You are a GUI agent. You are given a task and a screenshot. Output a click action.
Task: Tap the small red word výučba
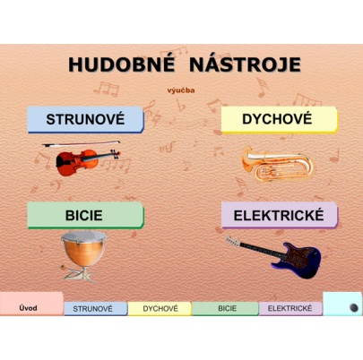[181, 90]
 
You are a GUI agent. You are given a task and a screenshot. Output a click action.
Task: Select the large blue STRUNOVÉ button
[85, 118]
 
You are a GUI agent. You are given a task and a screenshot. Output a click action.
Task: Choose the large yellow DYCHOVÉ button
[278, 118]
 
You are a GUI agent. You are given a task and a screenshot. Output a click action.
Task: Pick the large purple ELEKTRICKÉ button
[278, 215]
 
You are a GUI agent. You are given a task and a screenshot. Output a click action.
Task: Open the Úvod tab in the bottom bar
[29, 307]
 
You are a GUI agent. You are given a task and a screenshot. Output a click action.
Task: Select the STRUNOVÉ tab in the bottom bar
[94, 309]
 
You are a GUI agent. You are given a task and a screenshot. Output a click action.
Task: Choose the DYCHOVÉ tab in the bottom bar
[160, 309]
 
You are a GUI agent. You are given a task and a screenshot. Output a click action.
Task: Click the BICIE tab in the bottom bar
[226, 309]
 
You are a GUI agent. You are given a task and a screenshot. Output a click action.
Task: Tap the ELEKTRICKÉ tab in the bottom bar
[290, 309]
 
